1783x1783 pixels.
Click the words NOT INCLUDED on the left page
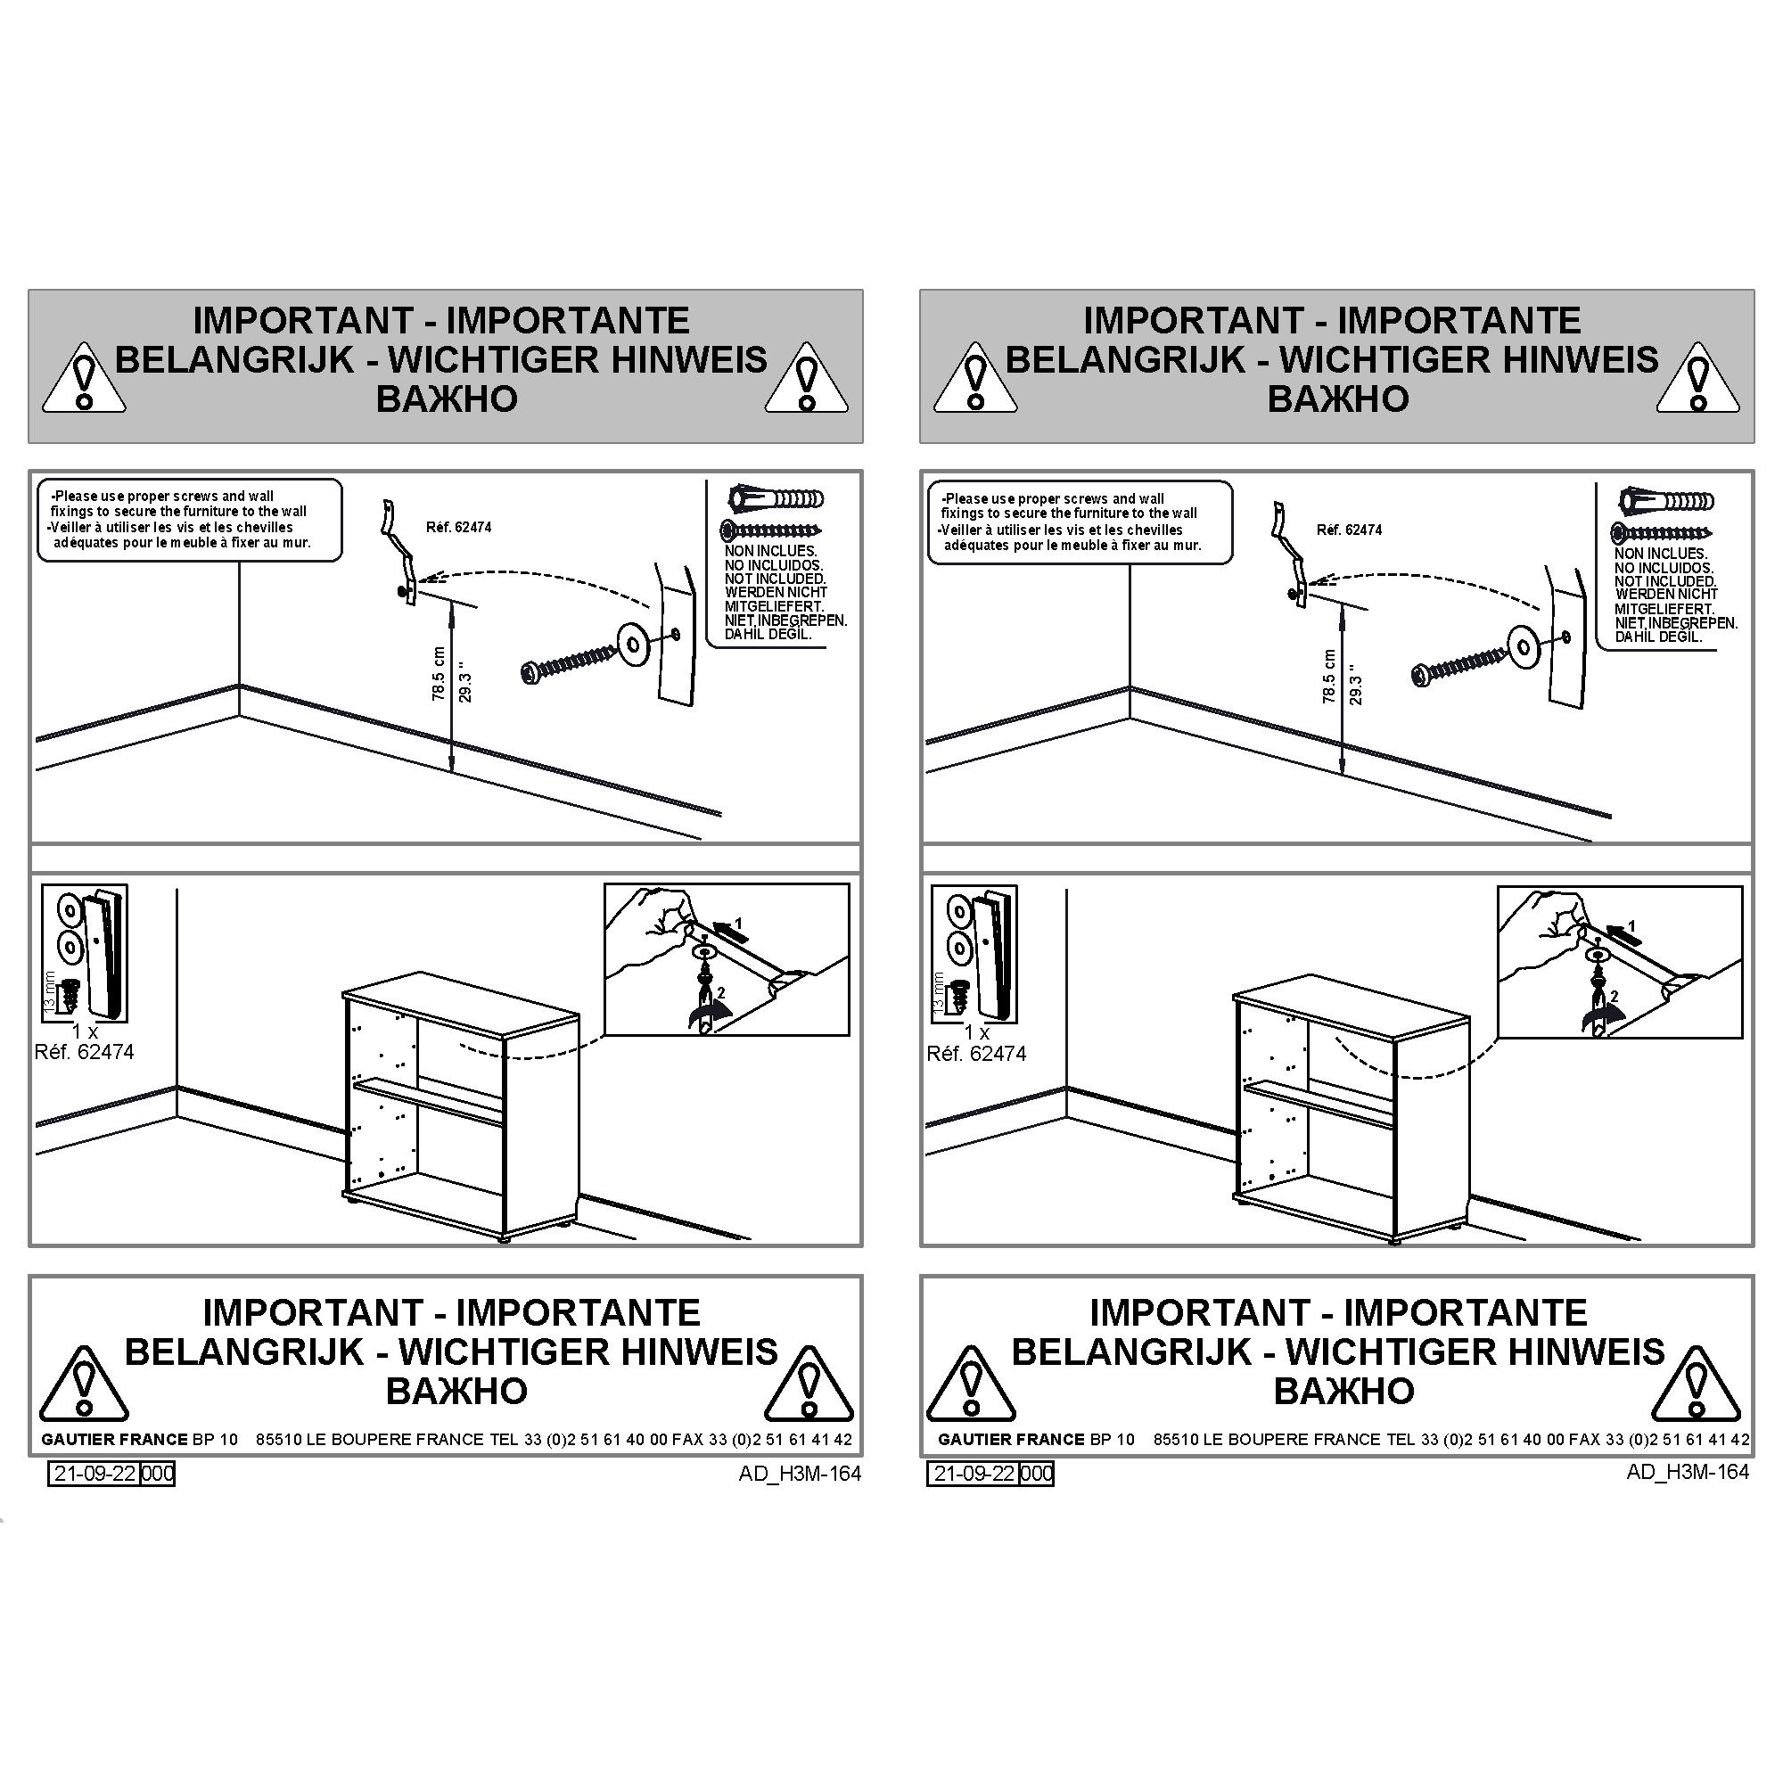point(775,579)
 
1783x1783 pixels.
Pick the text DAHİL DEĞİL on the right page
point(1657,637)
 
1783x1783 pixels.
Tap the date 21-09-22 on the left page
point(95,1473)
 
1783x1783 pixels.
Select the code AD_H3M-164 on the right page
point(1688,1472)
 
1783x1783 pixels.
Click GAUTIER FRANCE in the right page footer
point(1011,1439)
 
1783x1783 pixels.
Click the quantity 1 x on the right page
point(976,1031)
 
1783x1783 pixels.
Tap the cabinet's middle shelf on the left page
point(429,1102)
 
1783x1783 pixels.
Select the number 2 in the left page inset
point(720,993)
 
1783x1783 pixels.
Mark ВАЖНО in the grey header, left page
point(447,399)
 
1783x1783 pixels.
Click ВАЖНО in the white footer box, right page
point(1343,1391)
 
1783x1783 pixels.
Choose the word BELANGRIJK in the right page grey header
point(1125,359)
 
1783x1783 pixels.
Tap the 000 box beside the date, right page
point(1037,1473)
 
